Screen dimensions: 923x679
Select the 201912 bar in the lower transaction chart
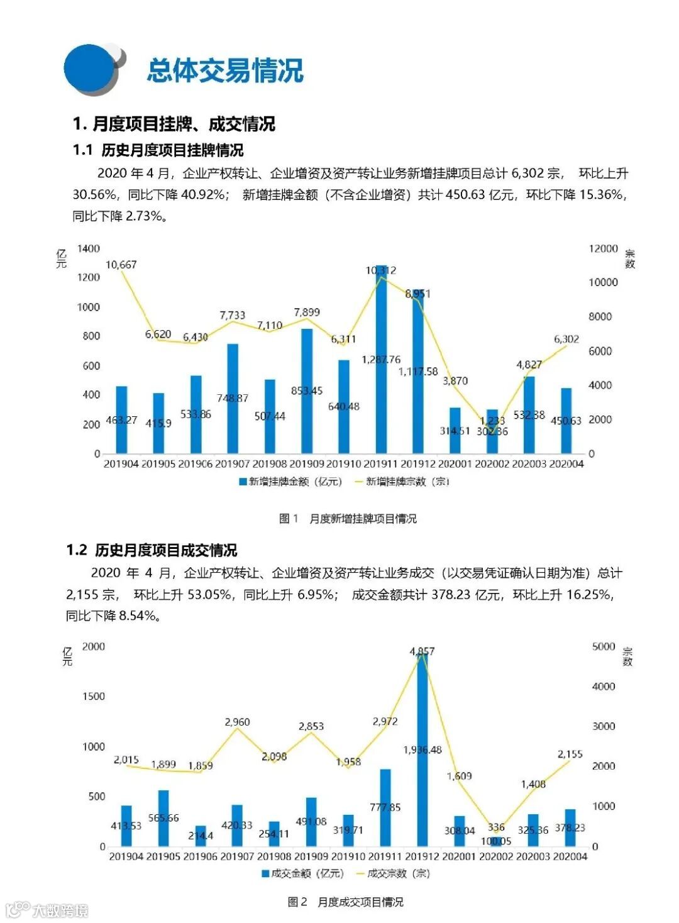click(x=422, y=751)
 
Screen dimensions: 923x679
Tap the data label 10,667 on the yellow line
click(x=121, y=265)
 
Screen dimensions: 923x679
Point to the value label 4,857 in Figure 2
click(x=422, y=651)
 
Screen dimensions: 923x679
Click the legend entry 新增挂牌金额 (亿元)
click(x=290, y=482)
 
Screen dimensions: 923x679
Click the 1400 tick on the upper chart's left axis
click(x=88, y=248)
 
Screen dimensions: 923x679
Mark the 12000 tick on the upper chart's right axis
click(x=603, y=248)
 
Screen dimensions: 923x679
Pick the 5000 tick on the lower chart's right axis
click(x=604, y=646)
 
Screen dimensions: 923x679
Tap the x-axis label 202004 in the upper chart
click(x=566, y=464)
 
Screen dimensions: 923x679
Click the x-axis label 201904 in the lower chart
click(x=126, y=856)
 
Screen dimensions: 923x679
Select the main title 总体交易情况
click(x=225, y=70)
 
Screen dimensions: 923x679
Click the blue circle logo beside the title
click(x=91, y=69)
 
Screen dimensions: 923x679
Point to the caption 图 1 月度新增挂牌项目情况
click(x=348, y=519)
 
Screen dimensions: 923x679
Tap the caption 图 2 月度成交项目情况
click(x=345, y=902)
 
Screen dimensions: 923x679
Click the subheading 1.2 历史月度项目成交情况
click(x=152, y=550)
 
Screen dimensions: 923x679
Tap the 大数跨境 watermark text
click(x=60, y=910)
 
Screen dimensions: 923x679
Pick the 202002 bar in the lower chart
click(x=496, y=841)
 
